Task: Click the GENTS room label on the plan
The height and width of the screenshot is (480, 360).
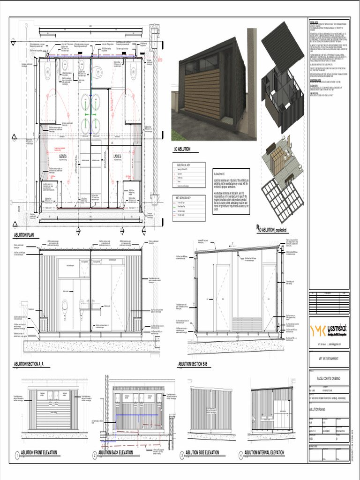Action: [63, 156]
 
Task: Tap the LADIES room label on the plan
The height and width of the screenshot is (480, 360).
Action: [117, 156]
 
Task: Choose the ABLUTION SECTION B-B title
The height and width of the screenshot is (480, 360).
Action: [195, 364]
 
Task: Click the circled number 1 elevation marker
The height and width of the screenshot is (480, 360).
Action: [17, 455]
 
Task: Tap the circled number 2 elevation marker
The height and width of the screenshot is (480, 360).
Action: [95, 455]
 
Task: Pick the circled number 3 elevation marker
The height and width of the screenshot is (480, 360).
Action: [182, 455]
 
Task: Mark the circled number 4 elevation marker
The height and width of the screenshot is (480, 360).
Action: [241, 455]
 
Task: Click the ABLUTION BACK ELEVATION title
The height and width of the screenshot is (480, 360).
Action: [115, 453]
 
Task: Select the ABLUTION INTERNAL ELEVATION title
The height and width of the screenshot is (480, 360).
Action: [264, 453]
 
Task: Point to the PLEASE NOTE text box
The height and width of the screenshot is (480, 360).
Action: [232, 192]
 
